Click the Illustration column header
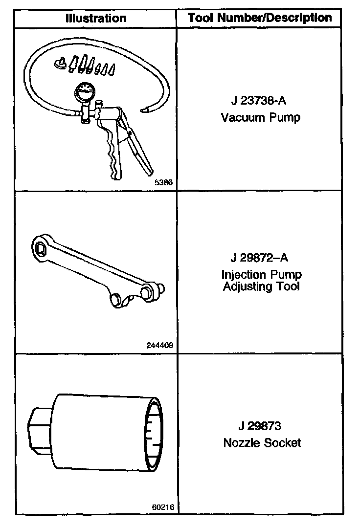[95, 19]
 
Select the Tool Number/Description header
[260, 18]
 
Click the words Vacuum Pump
[260, 117]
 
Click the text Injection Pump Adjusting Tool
[261, 280]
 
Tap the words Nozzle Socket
[262, 443]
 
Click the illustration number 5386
[164, 182]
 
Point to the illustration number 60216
[163, 506]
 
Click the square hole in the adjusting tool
[41, 249]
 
